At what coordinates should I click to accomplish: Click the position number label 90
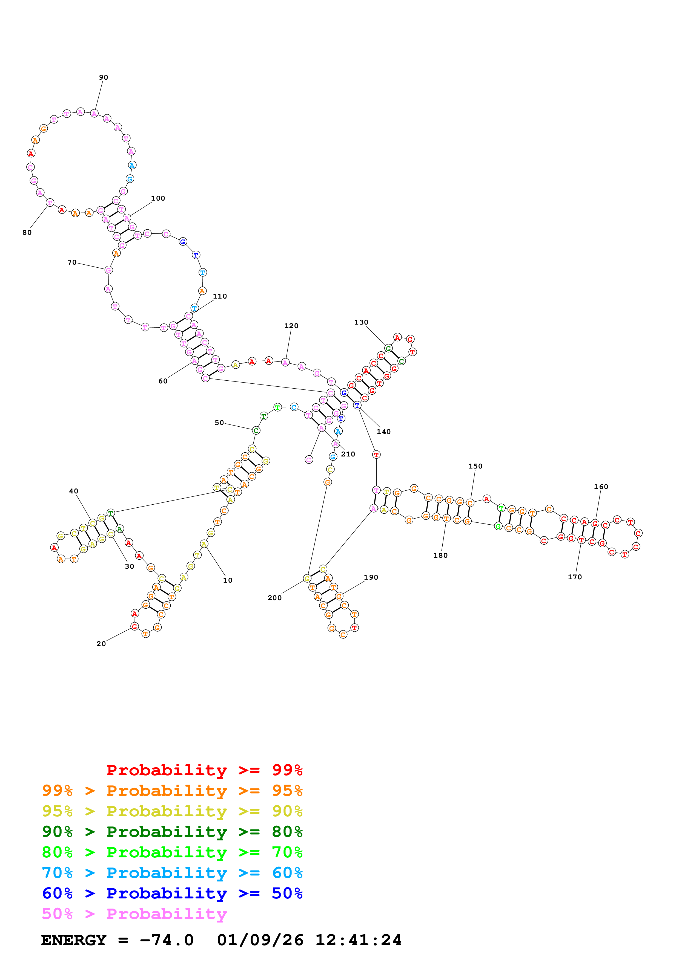103,77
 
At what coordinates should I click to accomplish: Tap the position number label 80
27,232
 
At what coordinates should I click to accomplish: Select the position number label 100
158,198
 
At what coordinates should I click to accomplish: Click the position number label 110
220,296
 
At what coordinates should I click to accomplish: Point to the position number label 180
440,555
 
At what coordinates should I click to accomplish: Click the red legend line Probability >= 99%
204,770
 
